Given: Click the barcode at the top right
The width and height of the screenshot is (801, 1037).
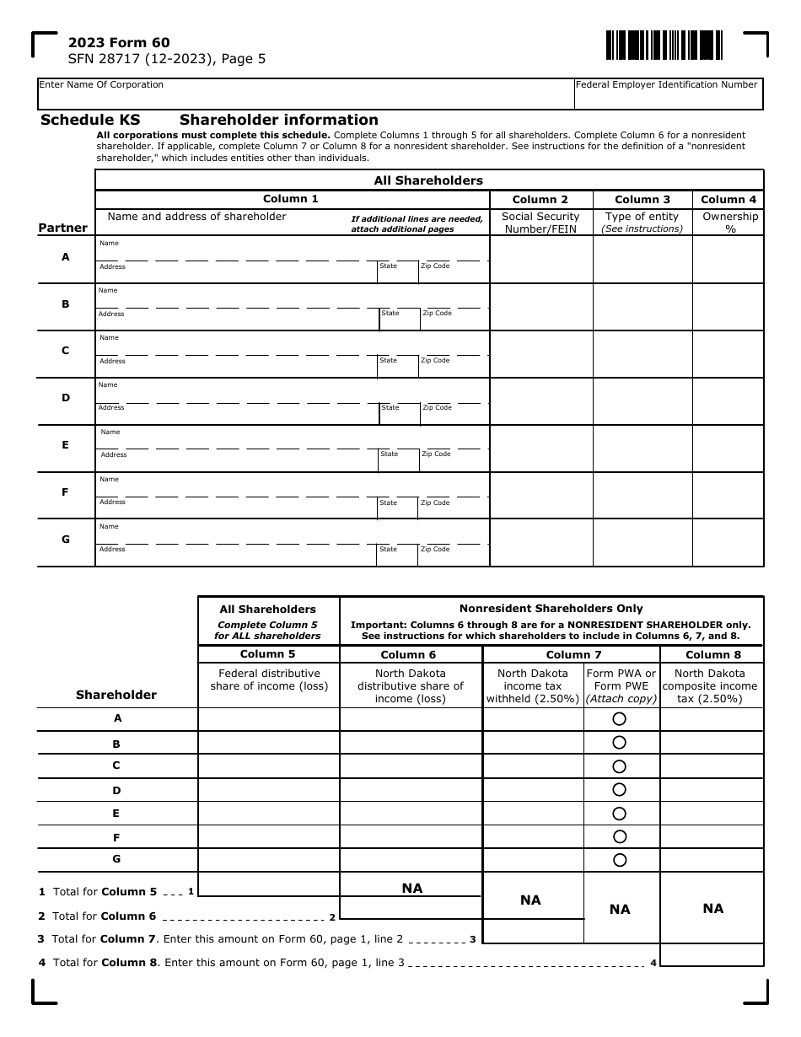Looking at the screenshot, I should [663, 45].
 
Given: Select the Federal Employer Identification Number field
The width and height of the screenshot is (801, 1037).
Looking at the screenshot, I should [668, 95].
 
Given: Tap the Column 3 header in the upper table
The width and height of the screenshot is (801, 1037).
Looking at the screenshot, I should [642, 199].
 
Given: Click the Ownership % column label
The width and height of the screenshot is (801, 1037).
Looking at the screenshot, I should [729, 223].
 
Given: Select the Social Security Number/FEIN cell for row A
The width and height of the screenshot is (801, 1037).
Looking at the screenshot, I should [540, 259].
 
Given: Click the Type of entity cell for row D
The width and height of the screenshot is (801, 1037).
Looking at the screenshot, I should [642, 400].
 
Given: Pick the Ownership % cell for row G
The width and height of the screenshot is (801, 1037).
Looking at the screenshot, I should [728, 542].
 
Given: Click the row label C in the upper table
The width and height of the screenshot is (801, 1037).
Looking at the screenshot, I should [66, 351].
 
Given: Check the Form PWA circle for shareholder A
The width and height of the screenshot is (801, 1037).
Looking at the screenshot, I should [620, 719].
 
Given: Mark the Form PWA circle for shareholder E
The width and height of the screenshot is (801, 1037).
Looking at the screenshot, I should [620, 814].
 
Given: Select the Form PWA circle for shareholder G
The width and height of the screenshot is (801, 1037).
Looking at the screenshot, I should [620, 860].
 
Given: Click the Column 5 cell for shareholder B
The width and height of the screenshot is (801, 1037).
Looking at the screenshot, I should [268, 743].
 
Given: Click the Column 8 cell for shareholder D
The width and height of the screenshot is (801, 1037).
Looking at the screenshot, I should [711, 790].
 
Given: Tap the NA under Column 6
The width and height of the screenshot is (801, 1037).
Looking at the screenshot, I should [411, 888].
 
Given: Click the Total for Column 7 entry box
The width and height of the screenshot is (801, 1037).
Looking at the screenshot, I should [532, 932].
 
